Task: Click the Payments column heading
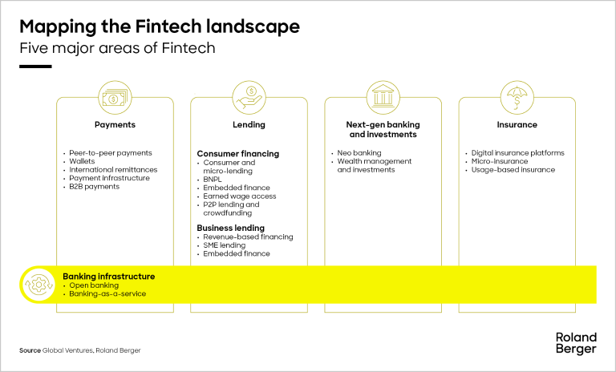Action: click(115, 125)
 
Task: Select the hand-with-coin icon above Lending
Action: click(249, 97)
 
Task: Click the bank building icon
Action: click(383, 97)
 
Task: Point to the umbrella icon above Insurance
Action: click(517, 97)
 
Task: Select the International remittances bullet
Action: click(113, 170)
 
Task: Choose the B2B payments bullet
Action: click(94, 187)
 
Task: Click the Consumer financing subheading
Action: click(238, 153)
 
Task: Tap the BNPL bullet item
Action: click(213, 179)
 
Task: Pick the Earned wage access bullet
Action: click(239, 196)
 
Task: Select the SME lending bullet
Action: click(225, 245)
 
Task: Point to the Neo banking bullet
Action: click(359, 153)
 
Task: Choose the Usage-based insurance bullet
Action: click(513, 170)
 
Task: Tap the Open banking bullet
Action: click(94, 285)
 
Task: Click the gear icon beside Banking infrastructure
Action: click(38, 285)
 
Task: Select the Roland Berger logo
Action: click(575, 342)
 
